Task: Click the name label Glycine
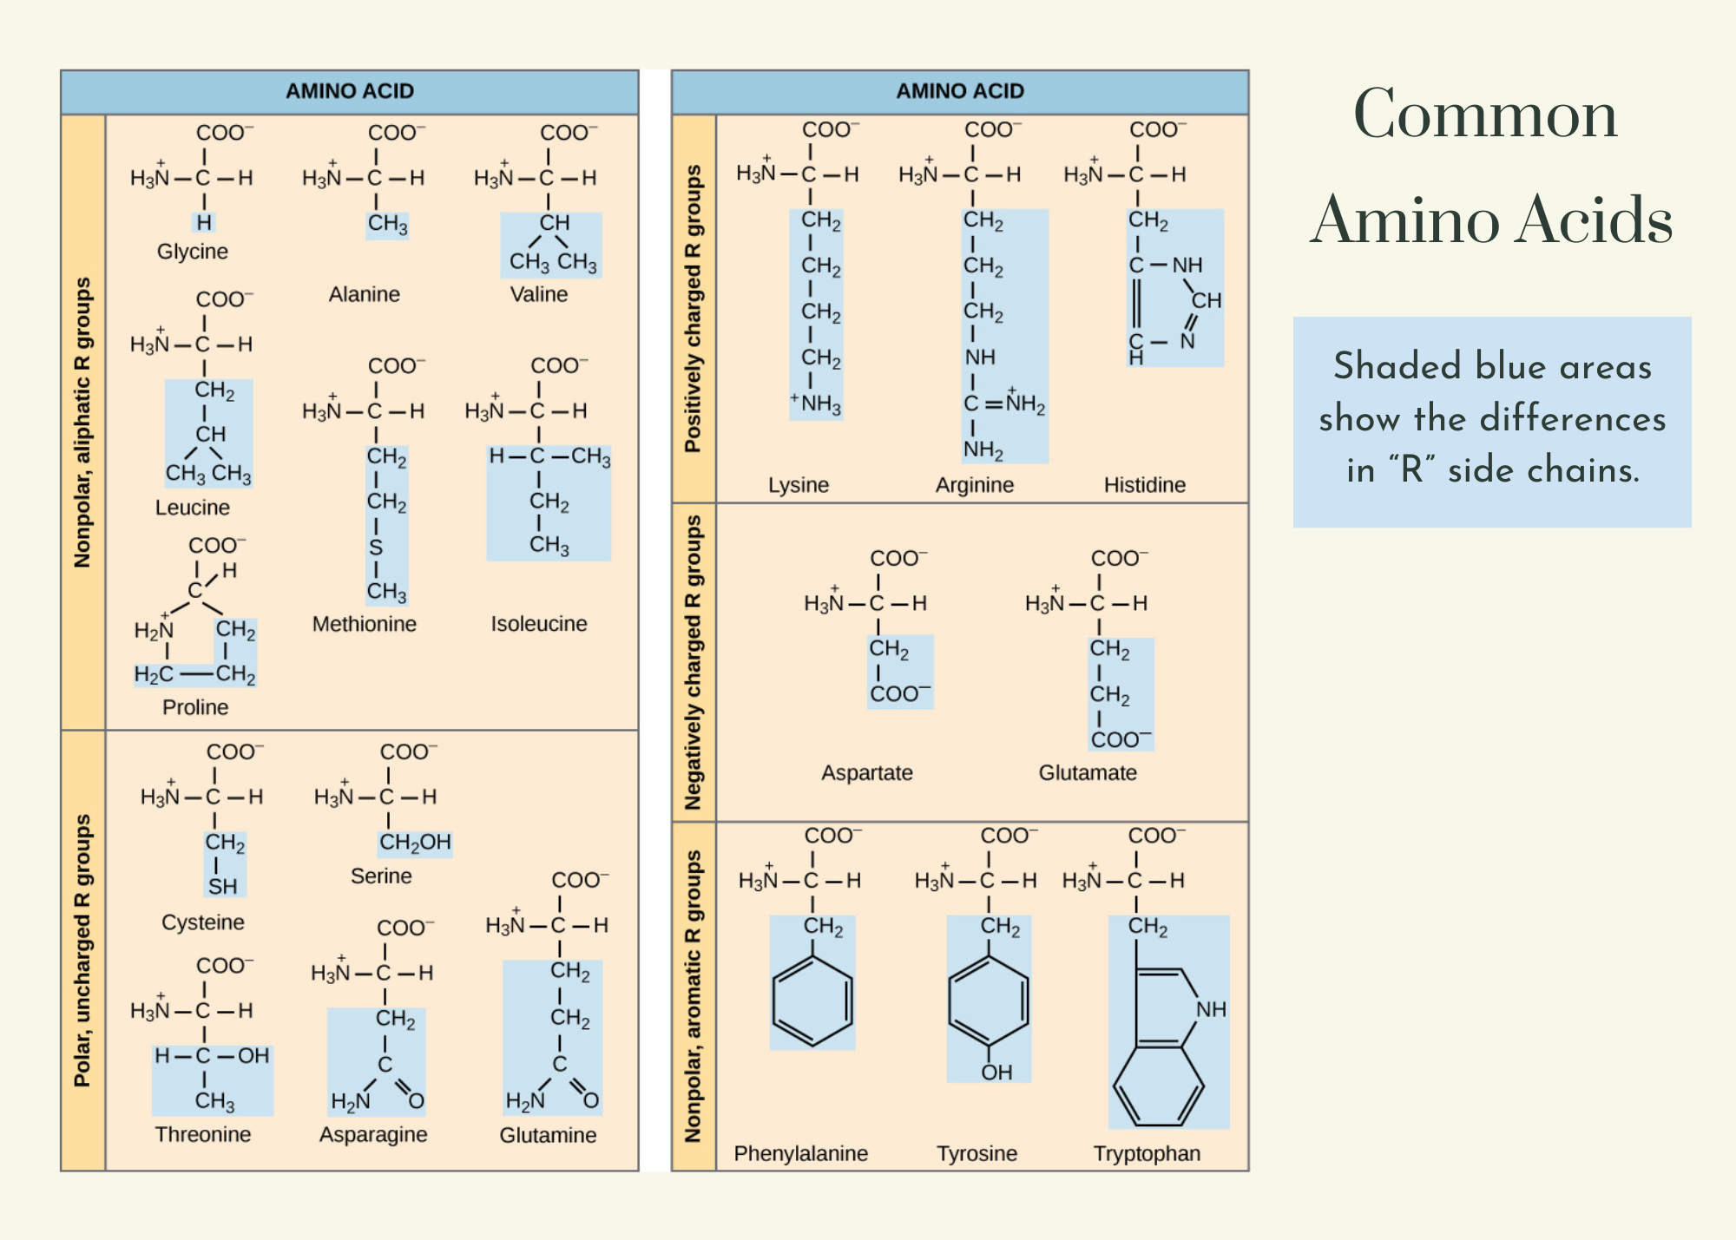pos(192,252)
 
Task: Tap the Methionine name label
pos(364,624)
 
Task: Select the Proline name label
pos(195,707)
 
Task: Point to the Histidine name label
pos(1144,485)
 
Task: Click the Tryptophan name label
pos(1147,1153)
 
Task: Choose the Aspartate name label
pos(866,773)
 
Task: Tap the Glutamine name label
pos(548,1135)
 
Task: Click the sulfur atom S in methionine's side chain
pos(376,548)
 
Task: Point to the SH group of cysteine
pos(222,886)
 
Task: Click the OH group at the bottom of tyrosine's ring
pos(996,1073)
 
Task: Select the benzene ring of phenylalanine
pos(812,1000)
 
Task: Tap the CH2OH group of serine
pos(415,843)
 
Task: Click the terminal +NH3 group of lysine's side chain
pos(817,404)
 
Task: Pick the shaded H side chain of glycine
pos(204,223)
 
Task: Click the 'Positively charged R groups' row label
pos(693,309)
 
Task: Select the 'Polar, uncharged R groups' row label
pos(82,950)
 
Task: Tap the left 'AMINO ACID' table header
pos(350,91)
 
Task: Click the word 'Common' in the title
pos(1485,115)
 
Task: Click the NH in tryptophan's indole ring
pos(1211,1009)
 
